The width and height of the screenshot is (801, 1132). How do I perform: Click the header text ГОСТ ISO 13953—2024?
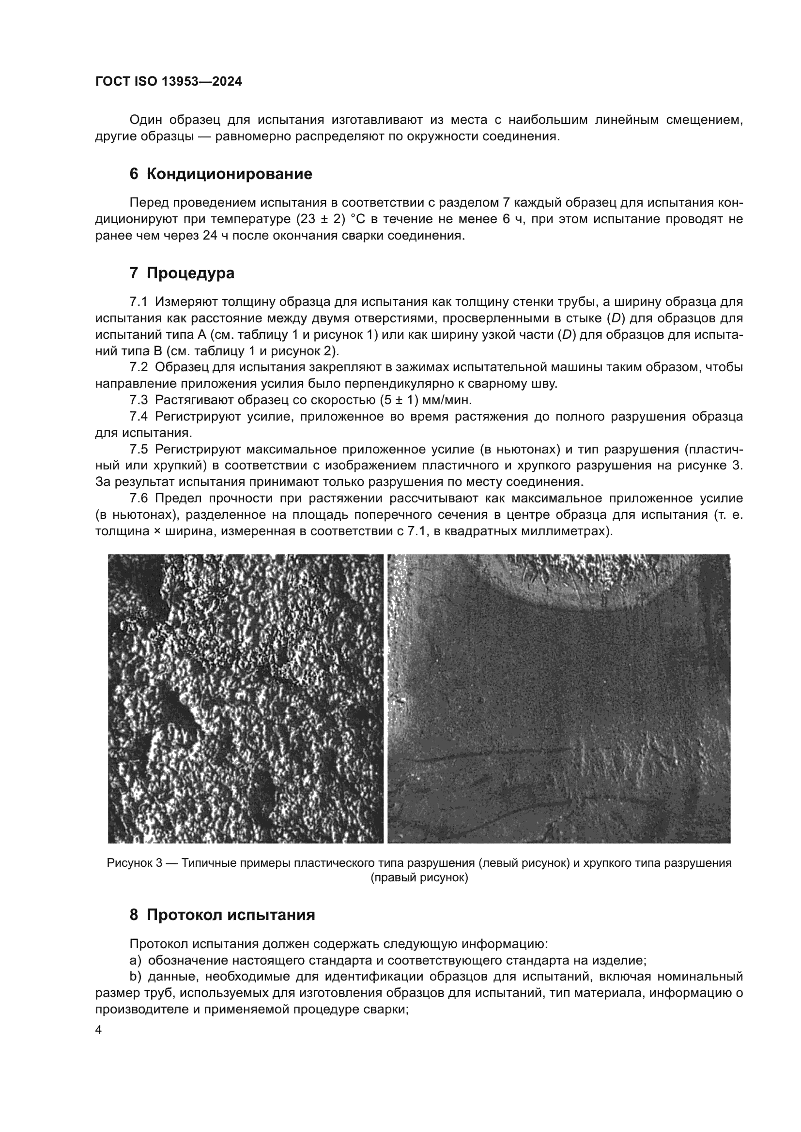point(169,82)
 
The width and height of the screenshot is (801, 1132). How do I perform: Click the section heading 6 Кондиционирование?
point(220,174)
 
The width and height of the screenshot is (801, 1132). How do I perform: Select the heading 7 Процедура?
point(182,272)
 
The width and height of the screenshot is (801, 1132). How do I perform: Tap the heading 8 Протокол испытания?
point(222,915)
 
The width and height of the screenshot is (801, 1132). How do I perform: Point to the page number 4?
point(99,1030)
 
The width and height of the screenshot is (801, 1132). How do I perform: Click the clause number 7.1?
point(139,302)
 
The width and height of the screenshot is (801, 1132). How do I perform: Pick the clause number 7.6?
point(139,498)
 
